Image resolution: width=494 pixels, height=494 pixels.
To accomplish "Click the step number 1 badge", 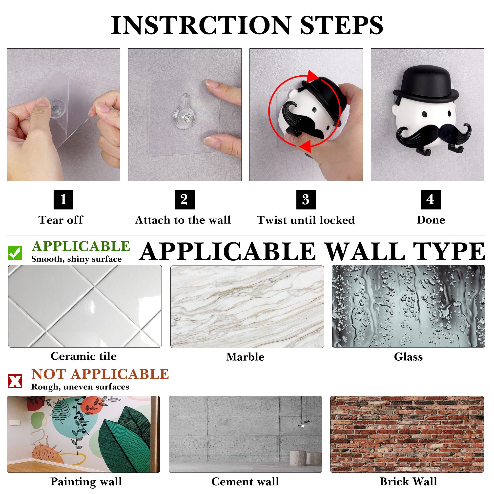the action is point(63,199).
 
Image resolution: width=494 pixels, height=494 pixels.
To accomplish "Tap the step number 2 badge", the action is point(185,199).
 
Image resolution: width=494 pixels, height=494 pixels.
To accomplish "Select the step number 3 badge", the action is point(306,199).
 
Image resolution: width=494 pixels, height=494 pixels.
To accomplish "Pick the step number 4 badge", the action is point(431,199).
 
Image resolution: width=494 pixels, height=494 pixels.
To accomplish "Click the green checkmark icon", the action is point(15,253).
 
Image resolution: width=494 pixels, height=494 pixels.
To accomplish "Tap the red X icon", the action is point(15,381).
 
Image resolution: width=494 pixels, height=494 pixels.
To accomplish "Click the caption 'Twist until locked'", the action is point(306,220).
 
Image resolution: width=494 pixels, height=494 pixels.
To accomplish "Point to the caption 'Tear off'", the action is point(61,220).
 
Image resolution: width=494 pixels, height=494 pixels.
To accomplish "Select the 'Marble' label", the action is point(245,357).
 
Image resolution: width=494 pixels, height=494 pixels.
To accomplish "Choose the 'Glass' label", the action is point(408,357).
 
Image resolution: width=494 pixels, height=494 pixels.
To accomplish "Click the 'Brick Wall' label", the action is point(408,481).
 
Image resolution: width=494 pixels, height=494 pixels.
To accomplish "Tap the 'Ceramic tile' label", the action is point(84,356).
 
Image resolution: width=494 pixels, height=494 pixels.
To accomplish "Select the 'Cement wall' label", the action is point(245,481).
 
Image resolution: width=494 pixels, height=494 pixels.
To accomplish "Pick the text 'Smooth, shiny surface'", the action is point(77,259).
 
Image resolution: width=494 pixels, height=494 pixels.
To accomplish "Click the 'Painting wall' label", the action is point(86,482).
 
